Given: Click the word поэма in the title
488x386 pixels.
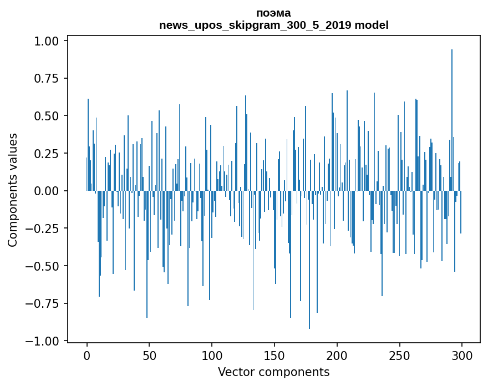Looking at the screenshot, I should pyautogui.click(x=273, y=13).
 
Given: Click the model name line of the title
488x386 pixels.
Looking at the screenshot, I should pyautogui.click(x=273, y=26).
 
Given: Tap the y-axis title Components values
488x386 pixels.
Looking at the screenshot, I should pyautogui.click(x=13, y=190).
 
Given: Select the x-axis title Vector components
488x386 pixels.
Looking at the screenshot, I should pyautogui.click(x=273, y=372).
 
